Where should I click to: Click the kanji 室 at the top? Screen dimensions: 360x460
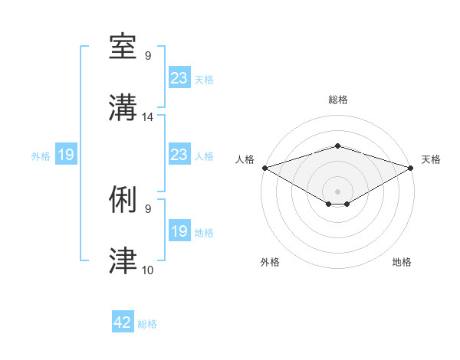123,47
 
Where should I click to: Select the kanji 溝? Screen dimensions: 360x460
123,108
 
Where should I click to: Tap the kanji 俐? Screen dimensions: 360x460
123,200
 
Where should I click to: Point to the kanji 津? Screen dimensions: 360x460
123,261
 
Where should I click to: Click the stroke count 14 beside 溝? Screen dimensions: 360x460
148,117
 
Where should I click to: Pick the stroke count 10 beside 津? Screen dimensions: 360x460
148,270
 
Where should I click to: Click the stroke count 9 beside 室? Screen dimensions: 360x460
148,56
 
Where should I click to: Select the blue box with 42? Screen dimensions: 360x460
123,322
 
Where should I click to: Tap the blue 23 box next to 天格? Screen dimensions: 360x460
179,78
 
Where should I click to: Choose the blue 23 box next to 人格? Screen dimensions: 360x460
179,155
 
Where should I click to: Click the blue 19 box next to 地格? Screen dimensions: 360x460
179,231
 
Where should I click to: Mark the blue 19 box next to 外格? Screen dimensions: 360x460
65,155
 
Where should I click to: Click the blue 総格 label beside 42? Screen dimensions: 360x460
147,324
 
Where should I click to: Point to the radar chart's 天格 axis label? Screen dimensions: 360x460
432,159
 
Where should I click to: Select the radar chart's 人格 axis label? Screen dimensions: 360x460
245,159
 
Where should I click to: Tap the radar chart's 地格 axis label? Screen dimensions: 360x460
402,263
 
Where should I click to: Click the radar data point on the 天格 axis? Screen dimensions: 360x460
412,167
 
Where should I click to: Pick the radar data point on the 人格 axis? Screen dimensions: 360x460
264,167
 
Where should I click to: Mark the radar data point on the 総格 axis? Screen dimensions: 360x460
337,146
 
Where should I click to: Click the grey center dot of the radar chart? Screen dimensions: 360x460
337,191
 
